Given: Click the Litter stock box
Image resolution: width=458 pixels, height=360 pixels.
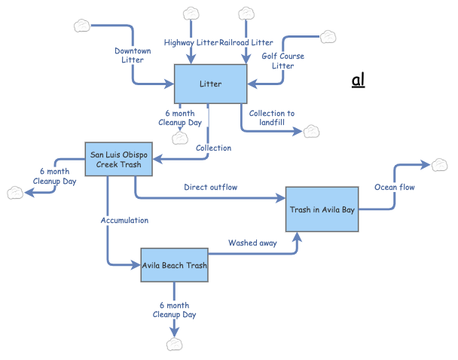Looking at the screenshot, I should coord(211,84).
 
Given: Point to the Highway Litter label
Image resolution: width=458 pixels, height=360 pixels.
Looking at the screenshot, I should coord(191,43).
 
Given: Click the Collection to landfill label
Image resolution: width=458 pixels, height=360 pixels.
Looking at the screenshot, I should coord(272,117).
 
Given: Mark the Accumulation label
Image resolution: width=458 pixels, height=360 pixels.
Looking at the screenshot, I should coord(124,220).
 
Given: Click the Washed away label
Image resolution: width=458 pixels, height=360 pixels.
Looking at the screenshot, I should coord(252,243).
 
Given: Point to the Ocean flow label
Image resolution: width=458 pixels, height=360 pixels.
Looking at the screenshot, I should coord(395,187).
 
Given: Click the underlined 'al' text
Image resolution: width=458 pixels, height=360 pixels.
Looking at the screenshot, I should coord(359,80).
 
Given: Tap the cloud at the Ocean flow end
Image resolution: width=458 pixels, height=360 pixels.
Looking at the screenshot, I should coord(438,164).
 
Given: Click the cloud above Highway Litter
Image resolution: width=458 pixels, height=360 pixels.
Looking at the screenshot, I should coord(191,13).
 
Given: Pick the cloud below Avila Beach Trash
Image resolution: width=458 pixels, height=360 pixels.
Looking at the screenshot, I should coord(175,343).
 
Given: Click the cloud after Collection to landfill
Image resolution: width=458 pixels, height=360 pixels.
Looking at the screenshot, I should coord(311,132).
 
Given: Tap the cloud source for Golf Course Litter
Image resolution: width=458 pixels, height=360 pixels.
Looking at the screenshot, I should coord(329,36).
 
